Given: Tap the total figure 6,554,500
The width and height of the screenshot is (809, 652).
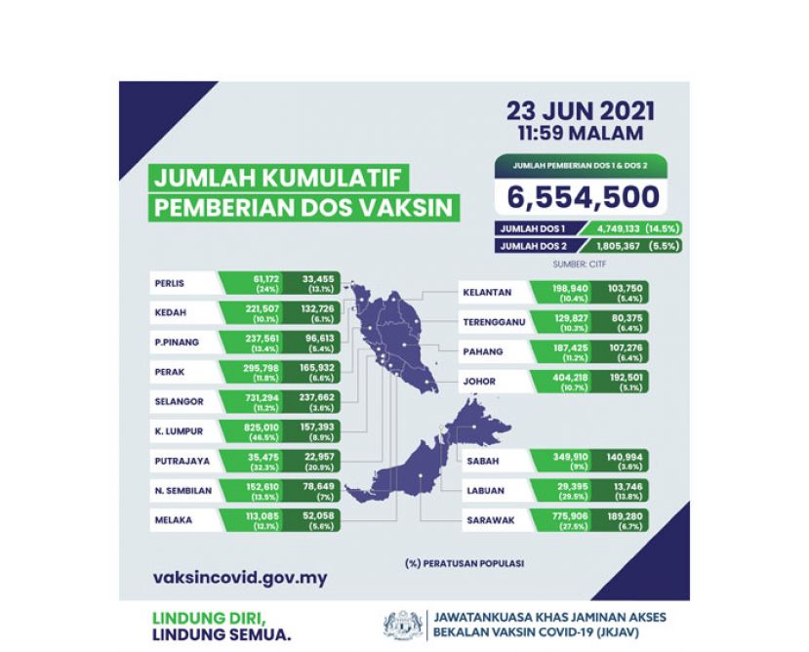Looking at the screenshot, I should [583, 196].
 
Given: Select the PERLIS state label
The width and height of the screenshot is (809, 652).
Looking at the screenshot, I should [170, 285].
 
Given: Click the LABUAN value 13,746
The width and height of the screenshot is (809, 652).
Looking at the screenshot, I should [619, 487].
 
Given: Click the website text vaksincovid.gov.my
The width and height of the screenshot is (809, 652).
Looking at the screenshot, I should [240, 577].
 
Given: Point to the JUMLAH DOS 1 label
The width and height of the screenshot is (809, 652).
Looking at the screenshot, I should [528, 228].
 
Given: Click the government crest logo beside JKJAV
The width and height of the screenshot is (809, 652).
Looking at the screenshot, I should [403, 625].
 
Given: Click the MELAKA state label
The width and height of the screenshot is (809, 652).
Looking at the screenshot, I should [173, 519].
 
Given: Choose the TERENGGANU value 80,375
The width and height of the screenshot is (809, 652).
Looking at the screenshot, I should [619, 319].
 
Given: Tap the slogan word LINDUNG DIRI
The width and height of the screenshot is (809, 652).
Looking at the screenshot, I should [207, 617].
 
